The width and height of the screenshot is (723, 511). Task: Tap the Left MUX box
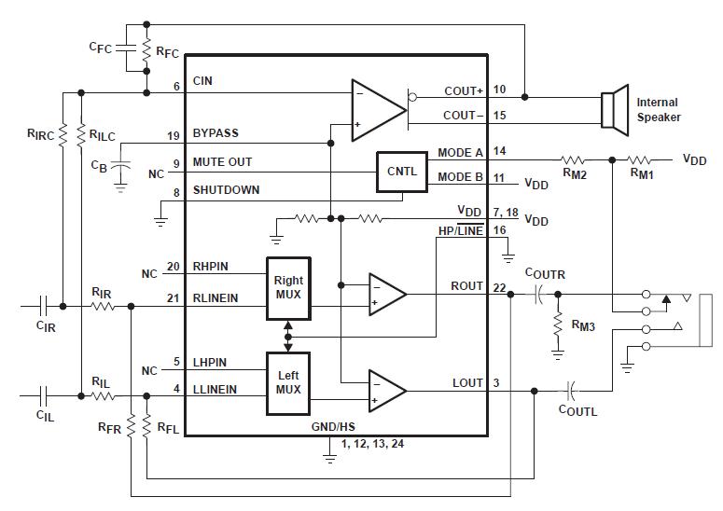point(288,381)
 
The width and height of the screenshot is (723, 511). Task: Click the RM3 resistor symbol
point(558,323)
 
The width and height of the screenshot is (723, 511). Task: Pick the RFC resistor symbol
point(146,54)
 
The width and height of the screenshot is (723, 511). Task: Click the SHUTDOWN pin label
point(226,190)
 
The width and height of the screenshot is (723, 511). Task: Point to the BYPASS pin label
point(216,134)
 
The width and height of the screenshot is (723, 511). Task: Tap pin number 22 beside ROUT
point(499,286)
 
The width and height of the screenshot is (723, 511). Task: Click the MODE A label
point(460,152)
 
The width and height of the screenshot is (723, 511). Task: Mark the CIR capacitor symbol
point(44,305)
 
